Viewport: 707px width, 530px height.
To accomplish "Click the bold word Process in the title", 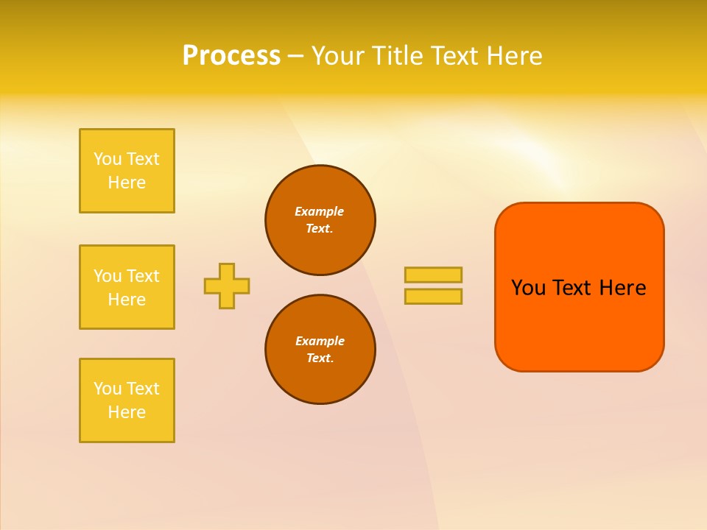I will [x=231, y=56].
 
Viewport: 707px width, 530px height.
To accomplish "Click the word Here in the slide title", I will [x=513, y=56].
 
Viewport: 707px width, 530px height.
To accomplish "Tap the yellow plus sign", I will [x=227, y=286].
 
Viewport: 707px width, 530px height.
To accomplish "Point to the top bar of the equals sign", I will [x=433, y=275].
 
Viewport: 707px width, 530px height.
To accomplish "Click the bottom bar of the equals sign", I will [x=433, y=296].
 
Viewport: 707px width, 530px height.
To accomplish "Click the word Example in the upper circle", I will [x=319, y=211].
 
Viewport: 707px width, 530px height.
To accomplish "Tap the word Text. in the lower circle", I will [x=320, y=358].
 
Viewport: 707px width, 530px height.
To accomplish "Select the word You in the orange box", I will [x=528, y=288].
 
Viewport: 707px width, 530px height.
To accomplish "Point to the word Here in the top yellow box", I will [x=127, y=183].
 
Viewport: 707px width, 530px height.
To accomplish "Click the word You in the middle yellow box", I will [x=108, y=276].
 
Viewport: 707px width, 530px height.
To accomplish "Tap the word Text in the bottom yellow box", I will [x=142, y=389].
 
